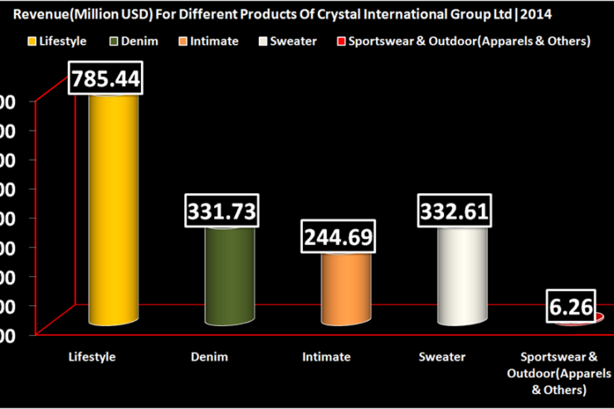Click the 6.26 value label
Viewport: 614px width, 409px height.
pos(571,308)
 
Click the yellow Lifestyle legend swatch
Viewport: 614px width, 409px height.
pos(34,41)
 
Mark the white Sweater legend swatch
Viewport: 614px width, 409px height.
pos(264,41)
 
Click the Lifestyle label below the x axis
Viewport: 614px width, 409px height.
pos(91,357)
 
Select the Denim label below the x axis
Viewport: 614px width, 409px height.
pos(208,357)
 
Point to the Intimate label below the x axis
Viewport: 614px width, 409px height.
pos(325,357)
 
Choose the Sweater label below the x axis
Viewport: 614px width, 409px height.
pos(442,357)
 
